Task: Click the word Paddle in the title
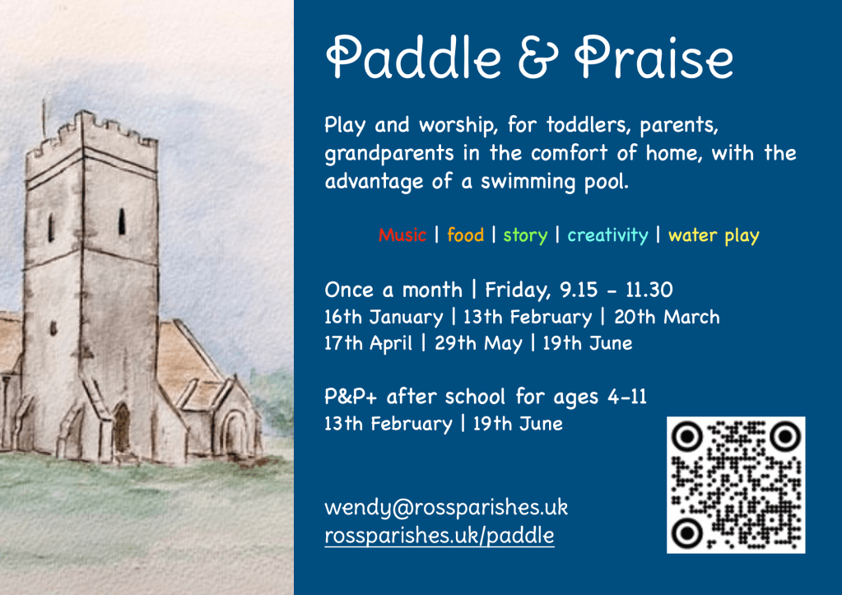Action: click(x=413, y=58)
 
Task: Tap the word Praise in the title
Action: click(x=654, y=58)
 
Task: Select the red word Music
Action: click(x=402, y=235)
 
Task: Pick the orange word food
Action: click(x=466, y=235)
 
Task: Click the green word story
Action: click(x=525, y=235)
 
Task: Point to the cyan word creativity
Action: click(x=608, y=235)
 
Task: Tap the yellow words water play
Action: click(x=714, y=235)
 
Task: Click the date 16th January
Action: click(x=384, y=317)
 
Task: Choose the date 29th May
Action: click(x=478, y=344)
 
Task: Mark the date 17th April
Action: click(x=369, y=344)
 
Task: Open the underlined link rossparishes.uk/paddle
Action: click(x=440, y=536)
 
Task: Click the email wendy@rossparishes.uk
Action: click(x=446, y=508)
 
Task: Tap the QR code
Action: click(x=736, y=485)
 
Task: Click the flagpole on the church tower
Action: click(x=44, y=119)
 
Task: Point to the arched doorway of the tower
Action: click(x=121, y=428)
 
